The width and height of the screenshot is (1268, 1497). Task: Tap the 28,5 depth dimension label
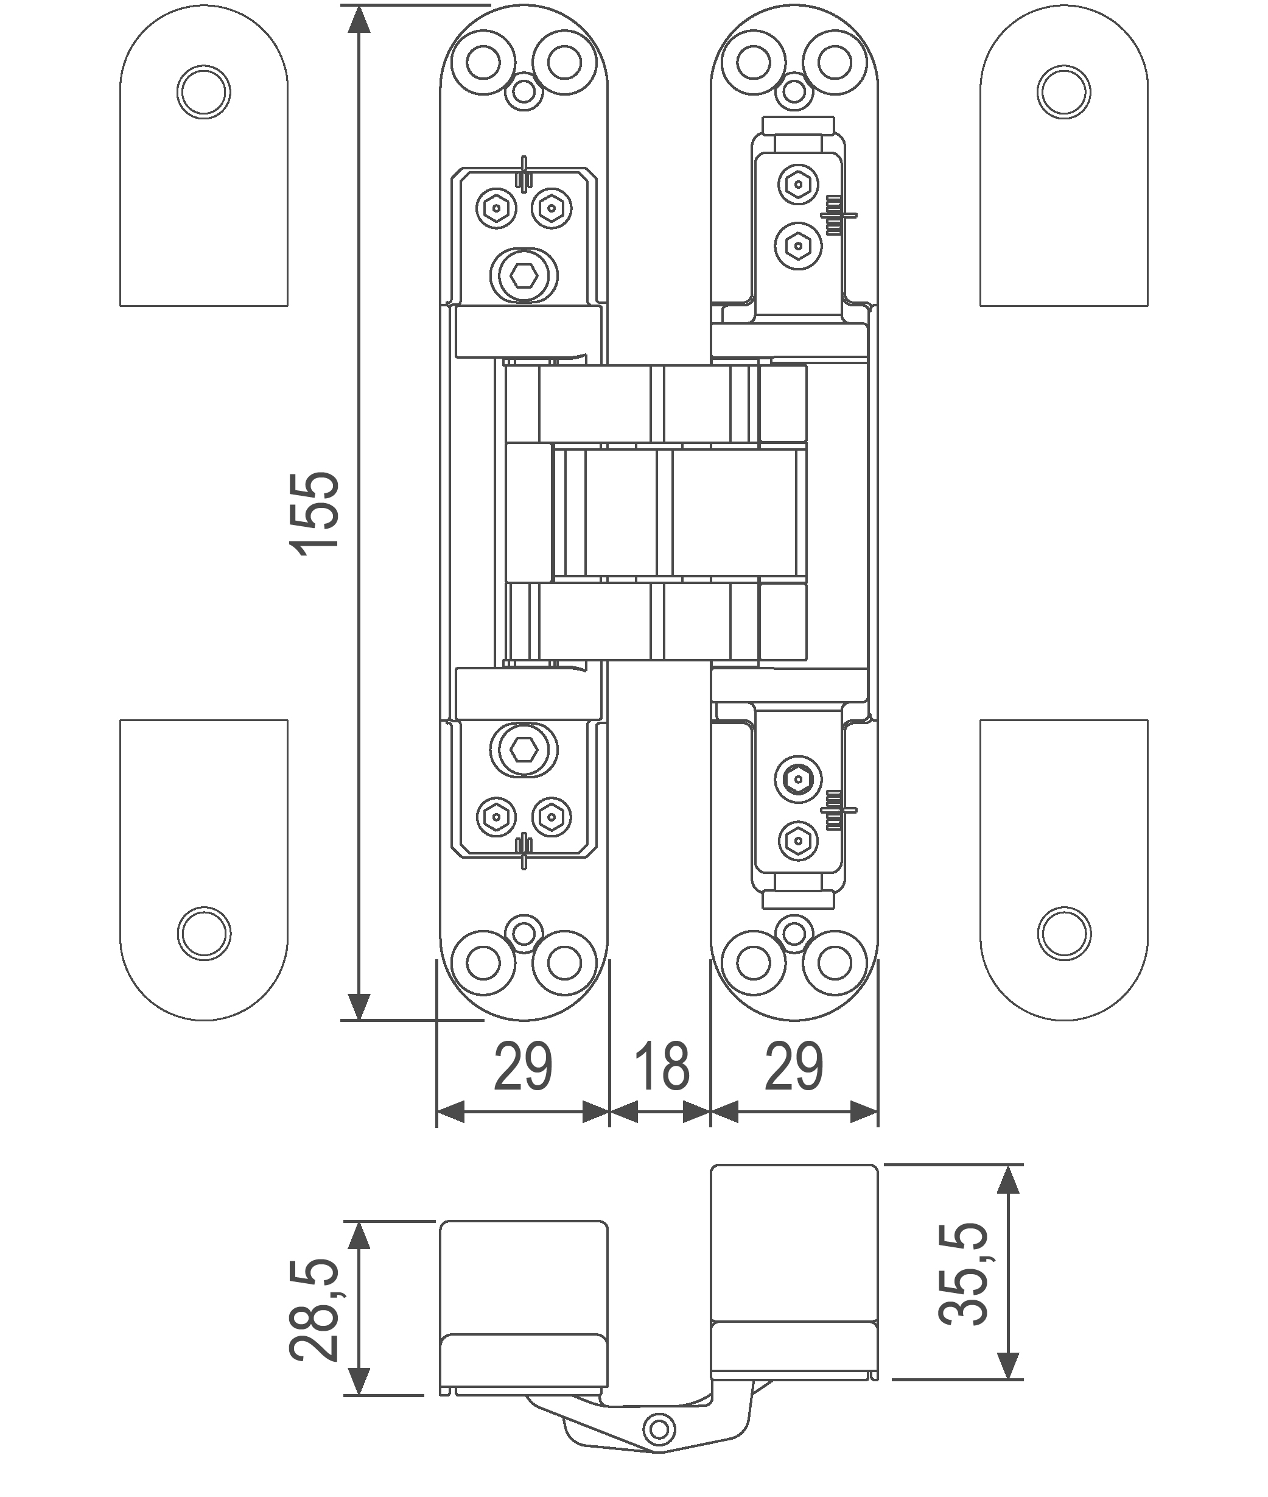314,1310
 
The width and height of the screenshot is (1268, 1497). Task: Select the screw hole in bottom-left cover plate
203,932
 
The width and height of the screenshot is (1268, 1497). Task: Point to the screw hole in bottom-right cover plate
1064,932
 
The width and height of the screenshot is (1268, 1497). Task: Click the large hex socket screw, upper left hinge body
525,273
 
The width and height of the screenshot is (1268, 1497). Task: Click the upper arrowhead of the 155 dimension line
358,21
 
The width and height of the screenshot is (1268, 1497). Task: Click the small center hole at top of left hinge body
524,92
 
